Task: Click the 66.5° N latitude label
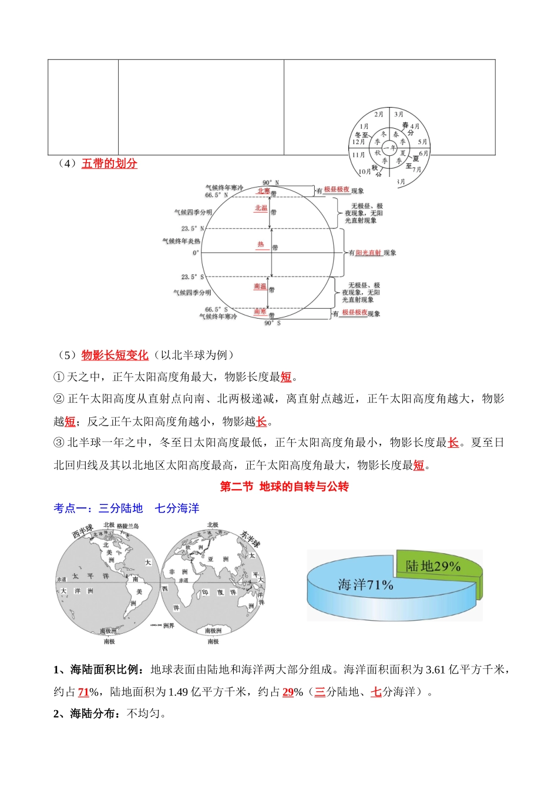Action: pos(216,195)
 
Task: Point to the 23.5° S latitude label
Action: pos(193,277)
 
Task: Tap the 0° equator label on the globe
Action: pos(196,253)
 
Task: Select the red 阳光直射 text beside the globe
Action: pos(369,253)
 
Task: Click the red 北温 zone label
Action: pos(261,209)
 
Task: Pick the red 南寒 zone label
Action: pos(260,312)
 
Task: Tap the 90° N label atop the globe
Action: pos(271,183)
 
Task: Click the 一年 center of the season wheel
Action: pos(391,148)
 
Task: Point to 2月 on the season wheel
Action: pos(379,115)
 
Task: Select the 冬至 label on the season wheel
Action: pos(361,135)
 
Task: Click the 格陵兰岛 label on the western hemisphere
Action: pos(127,526)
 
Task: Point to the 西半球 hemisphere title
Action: pos(82,531)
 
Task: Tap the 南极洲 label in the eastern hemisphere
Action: pos(213,631)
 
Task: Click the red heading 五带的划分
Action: pos(109,163)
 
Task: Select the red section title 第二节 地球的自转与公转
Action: pos(284,487)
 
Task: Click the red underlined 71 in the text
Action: pos(83,692)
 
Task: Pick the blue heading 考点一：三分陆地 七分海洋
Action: pos(126,508)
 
